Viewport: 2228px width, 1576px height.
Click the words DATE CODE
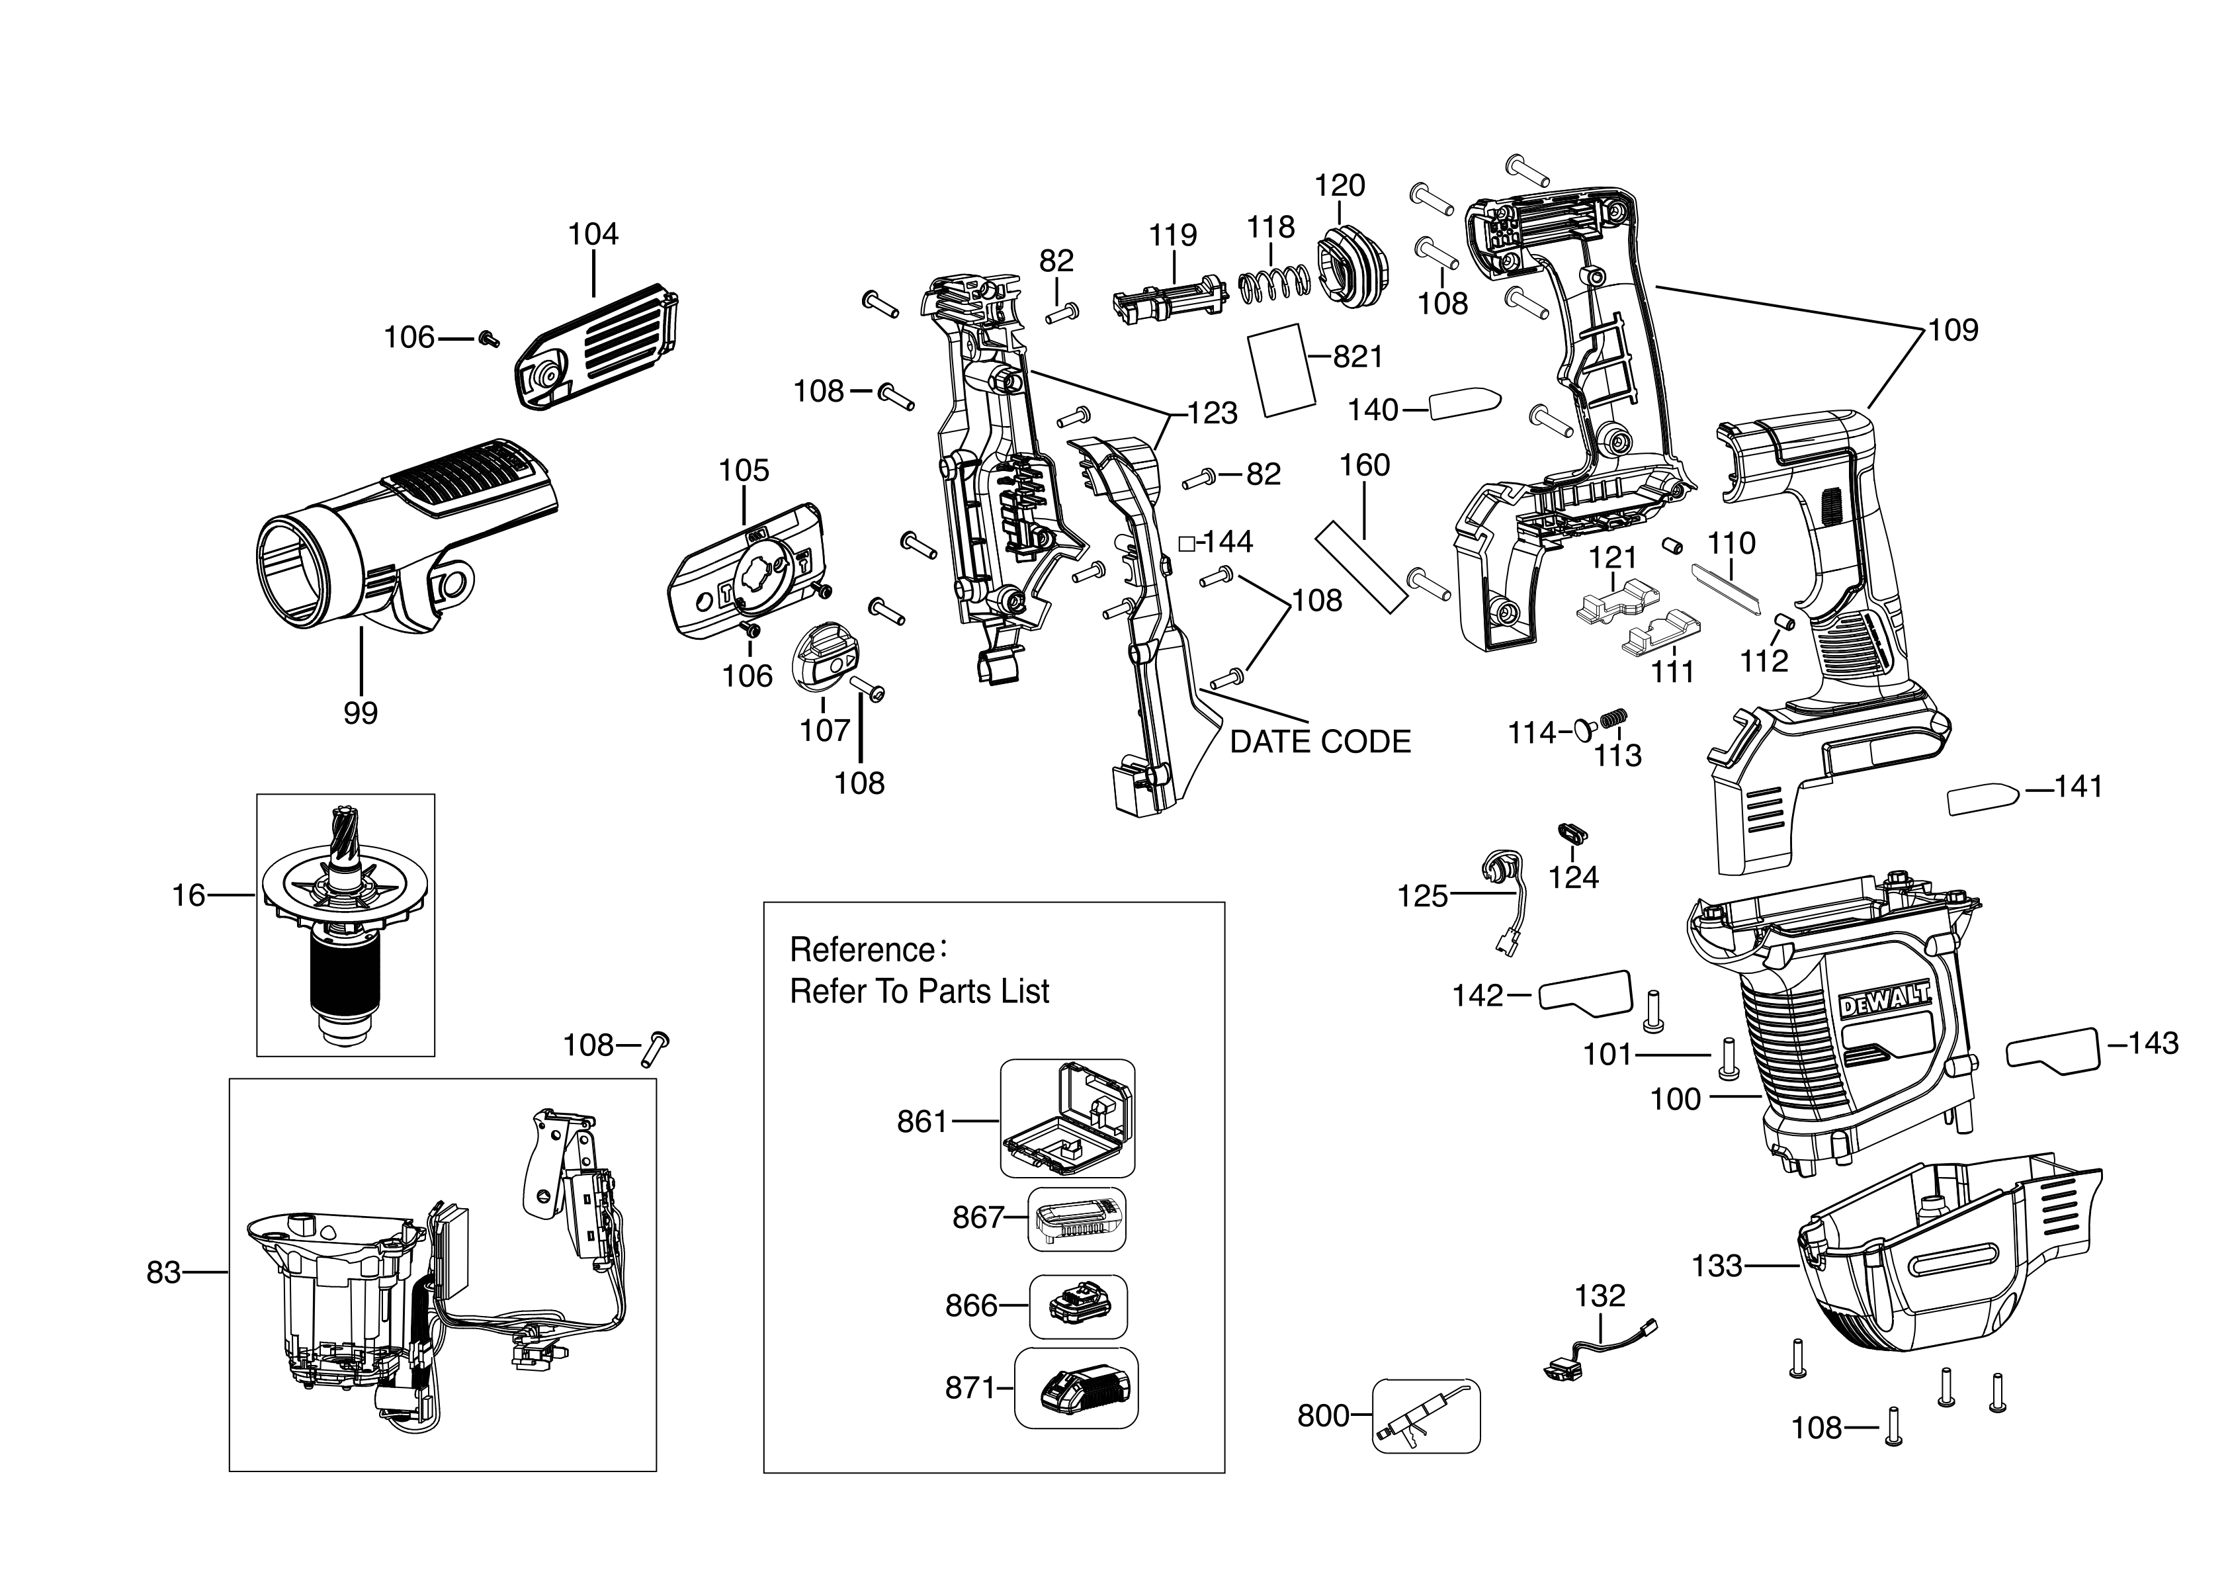pyautogui.click(x=1320, y=742)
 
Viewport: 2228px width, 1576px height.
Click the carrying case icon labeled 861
pyautogui.click(x=1068, y=1119)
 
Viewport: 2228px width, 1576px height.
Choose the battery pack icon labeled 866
pyautogui.click(x=1077, y=1306)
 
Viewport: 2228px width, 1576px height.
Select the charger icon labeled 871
pyautogui.click(x=1076, y=1389)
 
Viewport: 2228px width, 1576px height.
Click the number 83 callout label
pyautogui.click(x=163, y=1272)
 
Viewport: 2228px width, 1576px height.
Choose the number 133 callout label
pyautogui.click(x=1717, y=1266)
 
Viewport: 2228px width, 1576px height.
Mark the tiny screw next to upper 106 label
pyautogui.click(x=489, y=337)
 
